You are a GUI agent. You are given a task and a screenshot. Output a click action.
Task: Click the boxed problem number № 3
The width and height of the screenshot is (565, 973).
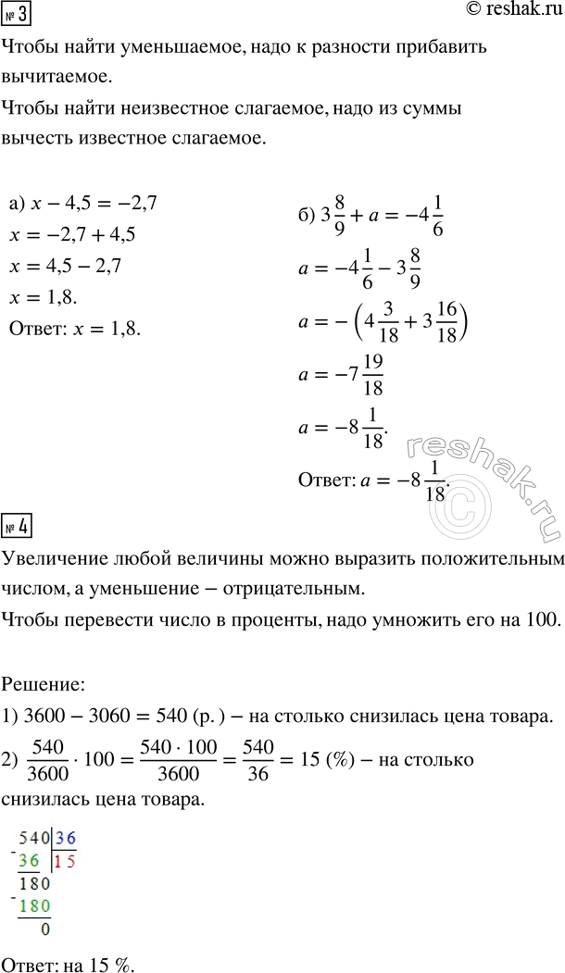point(16,16)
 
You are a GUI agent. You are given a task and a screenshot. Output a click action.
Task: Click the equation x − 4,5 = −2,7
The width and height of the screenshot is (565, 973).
point(82,203)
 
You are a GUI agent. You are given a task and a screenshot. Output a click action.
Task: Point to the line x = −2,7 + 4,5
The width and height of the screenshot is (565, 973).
point(72,235)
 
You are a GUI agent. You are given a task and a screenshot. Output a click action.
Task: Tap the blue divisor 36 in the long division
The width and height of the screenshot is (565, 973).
point(65,839)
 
